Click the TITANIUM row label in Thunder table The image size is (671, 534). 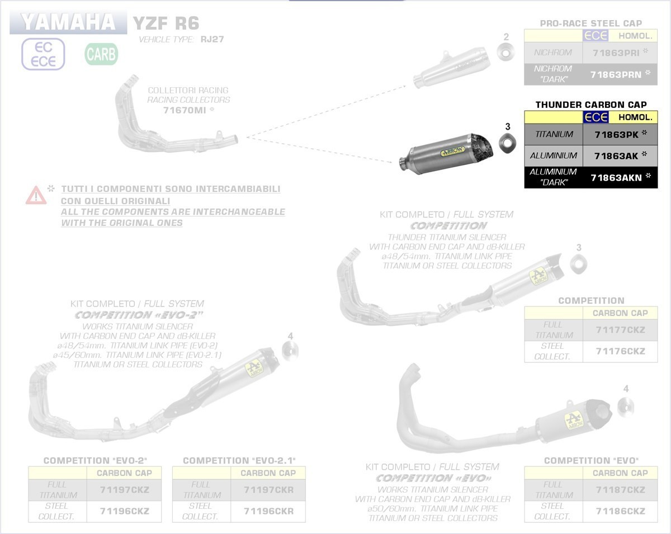point(554,134)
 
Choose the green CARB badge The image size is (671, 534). point(101,54)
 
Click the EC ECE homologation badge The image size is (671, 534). point(43,54)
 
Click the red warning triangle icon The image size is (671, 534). point(36,195)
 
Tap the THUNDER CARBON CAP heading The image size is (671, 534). point(591,105)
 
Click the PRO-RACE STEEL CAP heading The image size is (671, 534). point(591,23)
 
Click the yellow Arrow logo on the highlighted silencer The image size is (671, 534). point(453,151)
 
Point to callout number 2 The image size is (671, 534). point(506,37)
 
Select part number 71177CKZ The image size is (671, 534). point(620,330)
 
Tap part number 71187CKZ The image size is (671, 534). point(620,490)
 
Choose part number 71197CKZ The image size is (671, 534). point(124,490)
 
